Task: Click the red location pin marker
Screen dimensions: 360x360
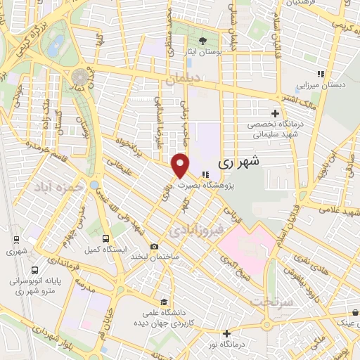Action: point(181,165)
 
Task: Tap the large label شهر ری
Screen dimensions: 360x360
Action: point(239,161)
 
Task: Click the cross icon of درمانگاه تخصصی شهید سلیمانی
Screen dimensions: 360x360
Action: point(275,112)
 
